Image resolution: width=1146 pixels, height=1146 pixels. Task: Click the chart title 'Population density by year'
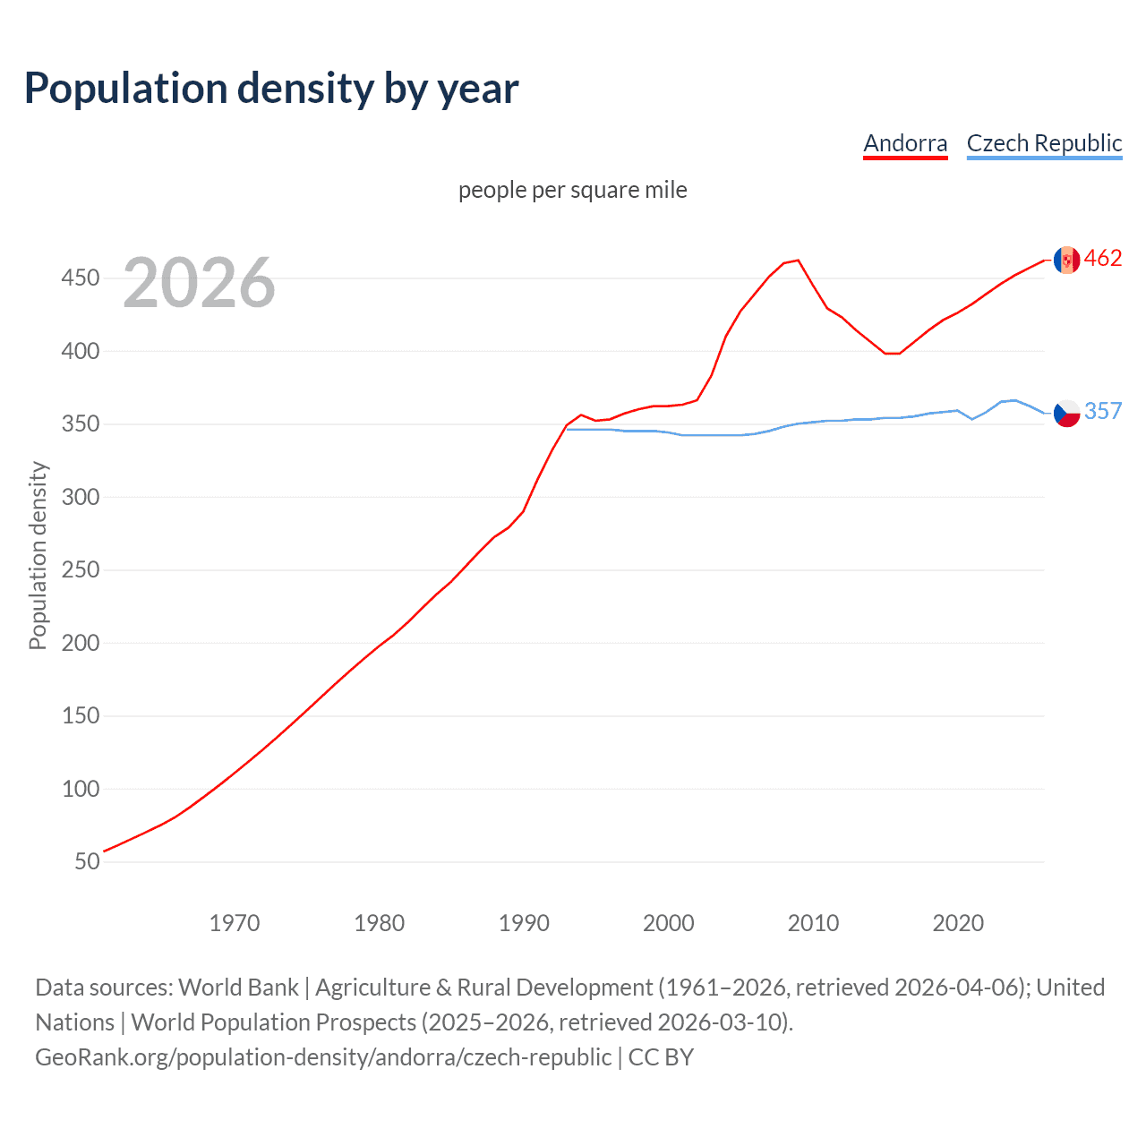click(x=271, y=89)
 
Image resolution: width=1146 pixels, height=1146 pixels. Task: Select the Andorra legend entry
click(x=905, y=143)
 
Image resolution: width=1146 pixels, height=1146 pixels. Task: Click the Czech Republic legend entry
click(x=1044, y=143)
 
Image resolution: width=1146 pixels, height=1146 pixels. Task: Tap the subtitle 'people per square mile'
click(x=572, y=190)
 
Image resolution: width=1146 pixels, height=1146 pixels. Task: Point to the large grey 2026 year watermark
click(x=199, y=283)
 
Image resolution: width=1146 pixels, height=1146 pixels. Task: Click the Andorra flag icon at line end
click(x=1066, y=260)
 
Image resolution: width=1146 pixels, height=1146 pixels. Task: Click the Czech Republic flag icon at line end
click(x=1066, y=413)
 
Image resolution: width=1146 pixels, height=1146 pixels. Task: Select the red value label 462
click(x=1103, y=259)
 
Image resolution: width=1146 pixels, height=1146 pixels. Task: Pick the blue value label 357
click(x=1103, y=411)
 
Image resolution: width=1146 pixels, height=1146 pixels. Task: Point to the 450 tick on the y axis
click(x=81, y=278)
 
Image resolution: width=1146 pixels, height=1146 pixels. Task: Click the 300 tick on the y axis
click(x=81, y=497)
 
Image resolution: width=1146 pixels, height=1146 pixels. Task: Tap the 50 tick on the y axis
click(x=87, y=861)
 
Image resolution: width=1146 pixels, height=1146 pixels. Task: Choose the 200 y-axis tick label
click(x=81, y=643)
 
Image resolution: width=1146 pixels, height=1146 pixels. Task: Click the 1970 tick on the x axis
click(x=235, y=923)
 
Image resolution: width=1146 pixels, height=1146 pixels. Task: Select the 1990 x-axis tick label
click(x=524, y=923)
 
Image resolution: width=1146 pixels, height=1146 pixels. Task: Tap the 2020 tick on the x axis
click(x=958, y=923)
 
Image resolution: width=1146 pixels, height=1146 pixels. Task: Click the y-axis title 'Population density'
click(x=38, y=555)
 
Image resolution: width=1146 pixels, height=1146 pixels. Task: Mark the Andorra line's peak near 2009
click(x=798, y=261)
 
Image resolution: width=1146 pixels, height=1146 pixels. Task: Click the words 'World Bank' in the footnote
click(x=238, y=988)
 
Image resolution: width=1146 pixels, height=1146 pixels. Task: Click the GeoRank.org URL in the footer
click(x=323, y=1057)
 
